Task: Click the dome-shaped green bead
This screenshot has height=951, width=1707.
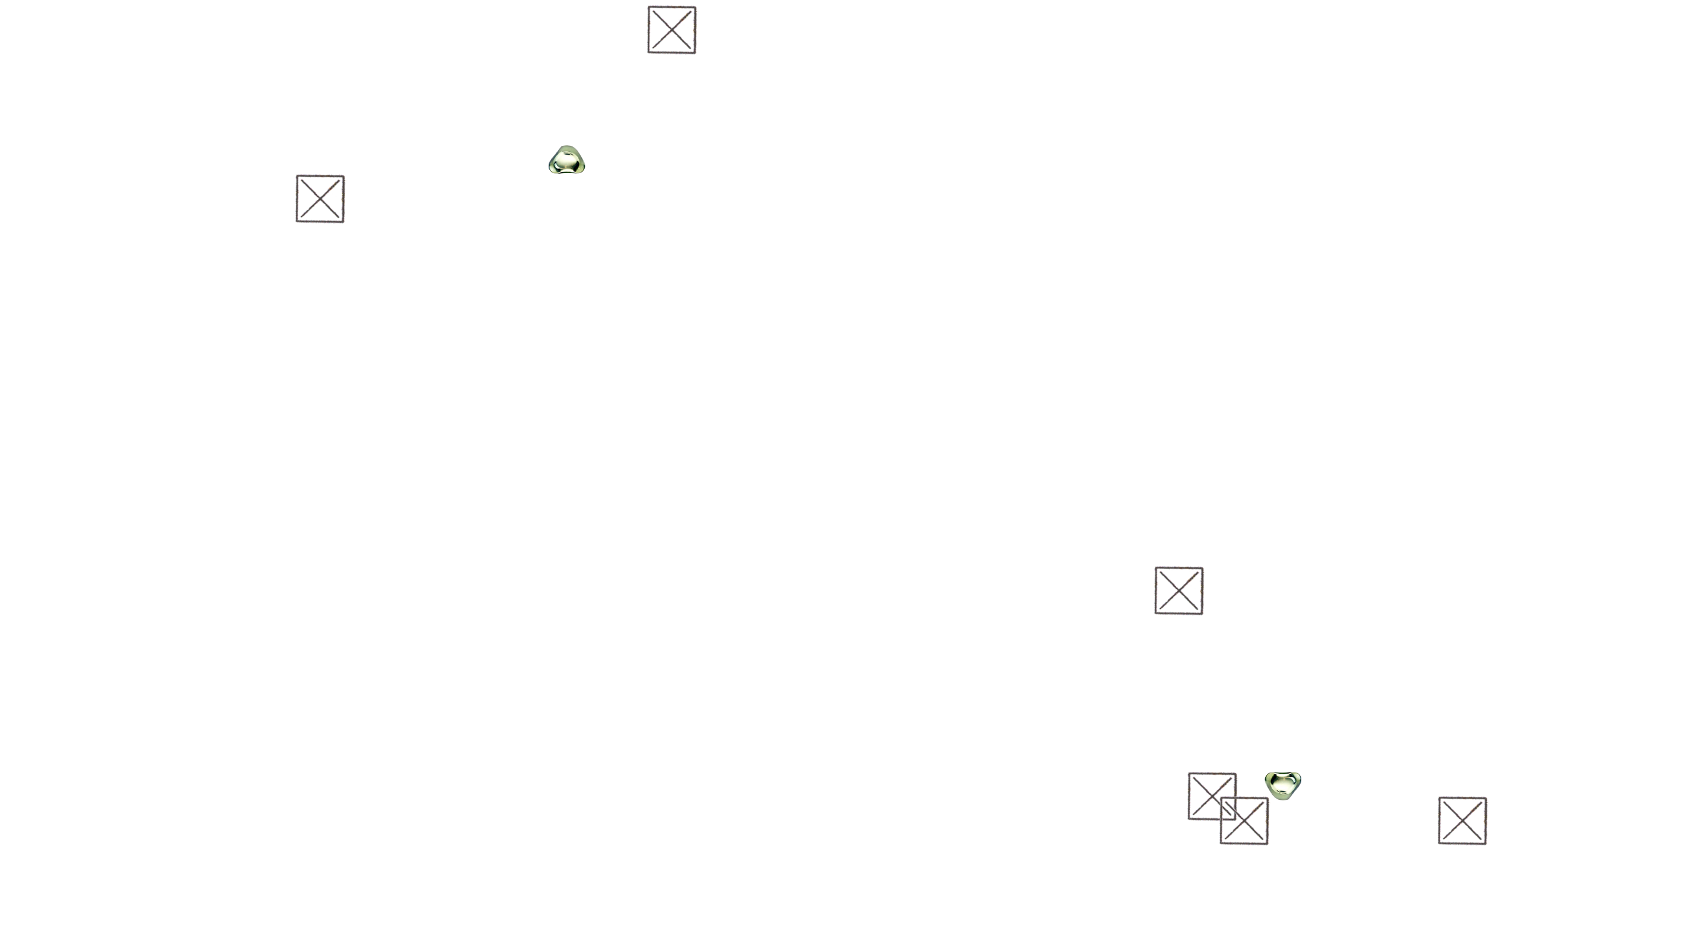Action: [566, 160]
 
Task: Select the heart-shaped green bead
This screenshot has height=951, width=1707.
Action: [1282, 785]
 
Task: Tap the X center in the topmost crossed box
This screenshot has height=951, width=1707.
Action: [672, 30]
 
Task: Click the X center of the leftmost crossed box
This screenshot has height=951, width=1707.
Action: [320, 199]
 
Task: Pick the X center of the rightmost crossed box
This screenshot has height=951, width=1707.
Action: [1463, 821]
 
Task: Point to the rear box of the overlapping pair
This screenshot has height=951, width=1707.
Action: [1204, 788]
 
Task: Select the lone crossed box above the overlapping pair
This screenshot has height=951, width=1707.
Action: [1179, 590]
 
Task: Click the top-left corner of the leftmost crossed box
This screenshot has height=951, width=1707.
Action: [297, 176]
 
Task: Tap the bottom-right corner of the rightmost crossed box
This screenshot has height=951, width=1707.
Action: [1487, 843]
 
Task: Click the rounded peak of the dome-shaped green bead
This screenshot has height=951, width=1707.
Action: [566, 148]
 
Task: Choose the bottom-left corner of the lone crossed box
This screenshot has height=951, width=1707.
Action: [1155, 612]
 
